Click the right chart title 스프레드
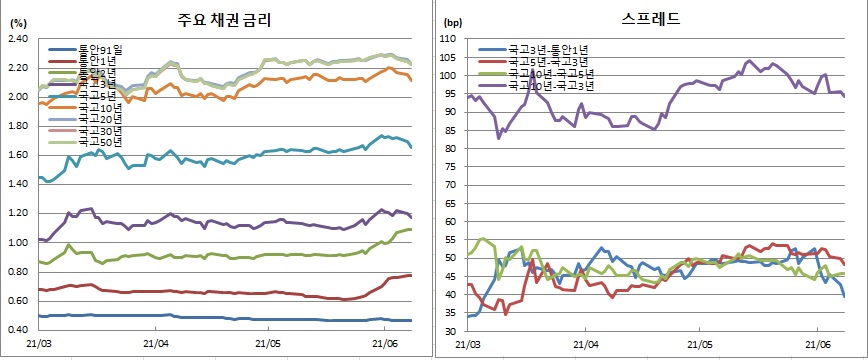[x=651, y=19]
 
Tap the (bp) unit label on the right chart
[x=453, y=22]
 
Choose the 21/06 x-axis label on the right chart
[x=817, y=342]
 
